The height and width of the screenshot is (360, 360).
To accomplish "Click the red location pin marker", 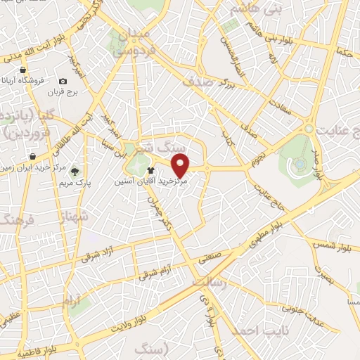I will [181, 165].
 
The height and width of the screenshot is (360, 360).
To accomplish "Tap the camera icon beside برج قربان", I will [63, 82].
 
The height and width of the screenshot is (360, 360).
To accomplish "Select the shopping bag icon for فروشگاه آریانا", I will [23, 70].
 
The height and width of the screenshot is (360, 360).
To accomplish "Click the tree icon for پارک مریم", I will [75, 171].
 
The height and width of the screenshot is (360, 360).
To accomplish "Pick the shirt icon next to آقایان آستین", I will [149, 170].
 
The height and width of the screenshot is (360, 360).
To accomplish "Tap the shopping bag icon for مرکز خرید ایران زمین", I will [32, 156].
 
